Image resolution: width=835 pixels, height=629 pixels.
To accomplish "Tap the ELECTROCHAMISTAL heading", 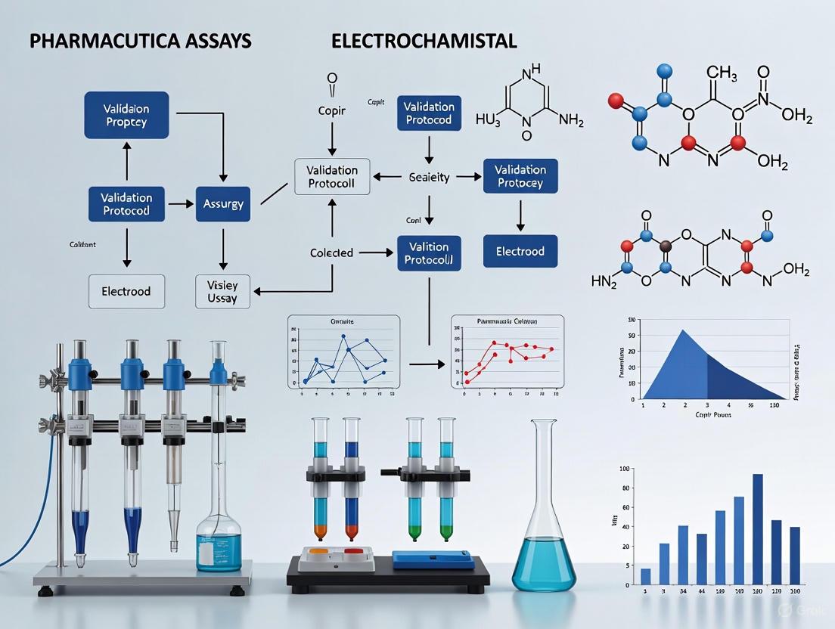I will [x=424, y=42].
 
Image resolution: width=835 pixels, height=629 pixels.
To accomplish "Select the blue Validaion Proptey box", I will [x=126, y=115].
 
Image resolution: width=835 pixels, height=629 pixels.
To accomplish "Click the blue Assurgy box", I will [x=222, y=203].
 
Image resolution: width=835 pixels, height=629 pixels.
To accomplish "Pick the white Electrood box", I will [x=126, y=291].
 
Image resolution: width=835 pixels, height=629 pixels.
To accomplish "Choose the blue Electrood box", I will [x=520, y=251].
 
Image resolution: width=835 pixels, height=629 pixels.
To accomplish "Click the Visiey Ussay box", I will [x=222, y=291].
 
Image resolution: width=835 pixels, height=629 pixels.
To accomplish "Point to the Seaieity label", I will [x=429, y=177].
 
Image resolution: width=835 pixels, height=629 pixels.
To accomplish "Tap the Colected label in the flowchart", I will [x=331, y=253].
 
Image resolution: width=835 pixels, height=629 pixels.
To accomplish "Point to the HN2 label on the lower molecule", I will [x=604, y=281].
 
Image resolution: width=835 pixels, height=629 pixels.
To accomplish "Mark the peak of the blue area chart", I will [x=683, y=330].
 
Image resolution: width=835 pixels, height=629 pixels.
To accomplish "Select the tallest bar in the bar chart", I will [x=757, y=529].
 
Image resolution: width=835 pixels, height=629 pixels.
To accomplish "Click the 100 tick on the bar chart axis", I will [x=624, y=469].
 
